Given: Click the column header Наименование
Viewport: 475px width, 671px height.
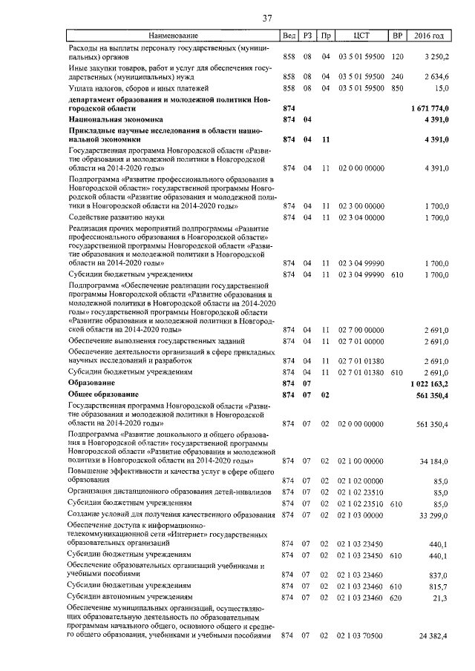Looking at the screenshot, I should point(173,36).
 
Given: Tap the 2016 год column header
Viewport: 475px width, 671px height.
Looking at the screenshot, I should point(429,36).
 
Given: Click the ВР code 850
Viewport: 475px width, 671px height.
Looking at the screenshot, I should point(397,87).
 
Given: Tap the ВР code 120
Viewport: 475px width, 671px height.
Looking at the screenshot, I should point(397,56).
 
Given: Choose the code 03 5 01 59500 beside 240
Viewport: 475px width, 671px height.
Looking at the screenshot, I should point(361,77).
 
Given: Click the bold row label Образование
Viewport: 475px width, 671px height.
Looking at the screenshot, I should point(91,383).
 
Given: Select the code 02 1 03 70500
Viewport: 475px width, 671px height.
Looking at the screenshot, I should point(361,636).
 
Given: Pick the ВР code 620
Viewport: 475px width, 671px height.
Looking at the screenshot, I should point(397,597).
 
